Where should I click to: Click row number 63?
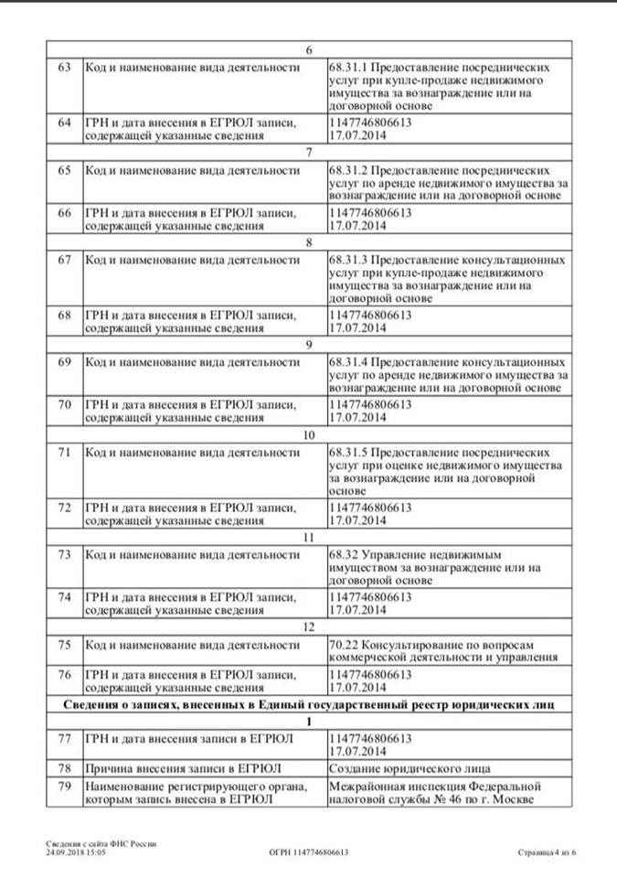point(64,69)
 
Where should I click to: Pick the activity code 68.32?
point(343,555)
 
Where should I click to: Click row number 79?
point(64,787)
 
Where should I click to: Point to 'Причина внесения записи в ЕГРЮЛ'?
point(182,767)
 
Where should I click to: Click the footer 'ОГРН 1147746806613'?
point(308,851)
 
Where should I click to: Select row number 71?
point(64,452)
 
